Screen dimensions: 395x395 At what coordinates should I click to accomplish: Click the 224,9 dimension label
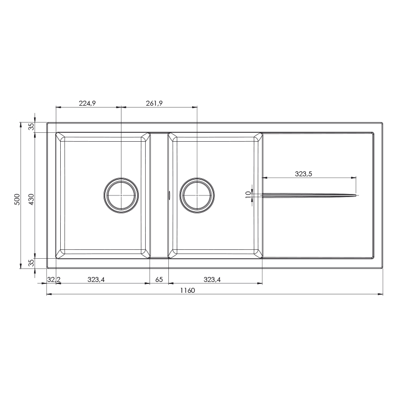point(87,103)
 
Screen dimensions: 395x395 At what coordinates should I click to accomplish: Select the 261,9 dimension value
point(154,103)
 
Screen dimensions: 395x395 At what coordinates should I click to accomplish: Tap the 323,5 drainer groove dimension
point(303,174)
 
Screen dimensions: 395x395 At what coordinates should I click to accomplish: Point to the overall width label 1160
point(188,290)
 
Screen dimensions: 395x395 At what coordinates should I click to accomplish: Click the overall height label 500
point(17,199)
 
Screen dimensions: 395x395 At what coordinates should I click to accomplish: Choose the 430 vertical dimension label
point(31,199)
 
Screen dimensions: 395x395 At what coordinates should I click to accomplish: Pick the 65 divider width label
point(159,279)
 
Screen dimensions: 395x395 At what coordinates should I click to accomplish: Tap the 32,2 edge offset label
point(54,279)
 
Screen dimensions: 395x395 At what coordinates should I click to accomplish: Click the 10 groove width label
point(248,195)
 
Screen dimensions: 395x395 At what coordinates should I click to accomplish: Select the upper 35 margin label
point(31,127)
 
